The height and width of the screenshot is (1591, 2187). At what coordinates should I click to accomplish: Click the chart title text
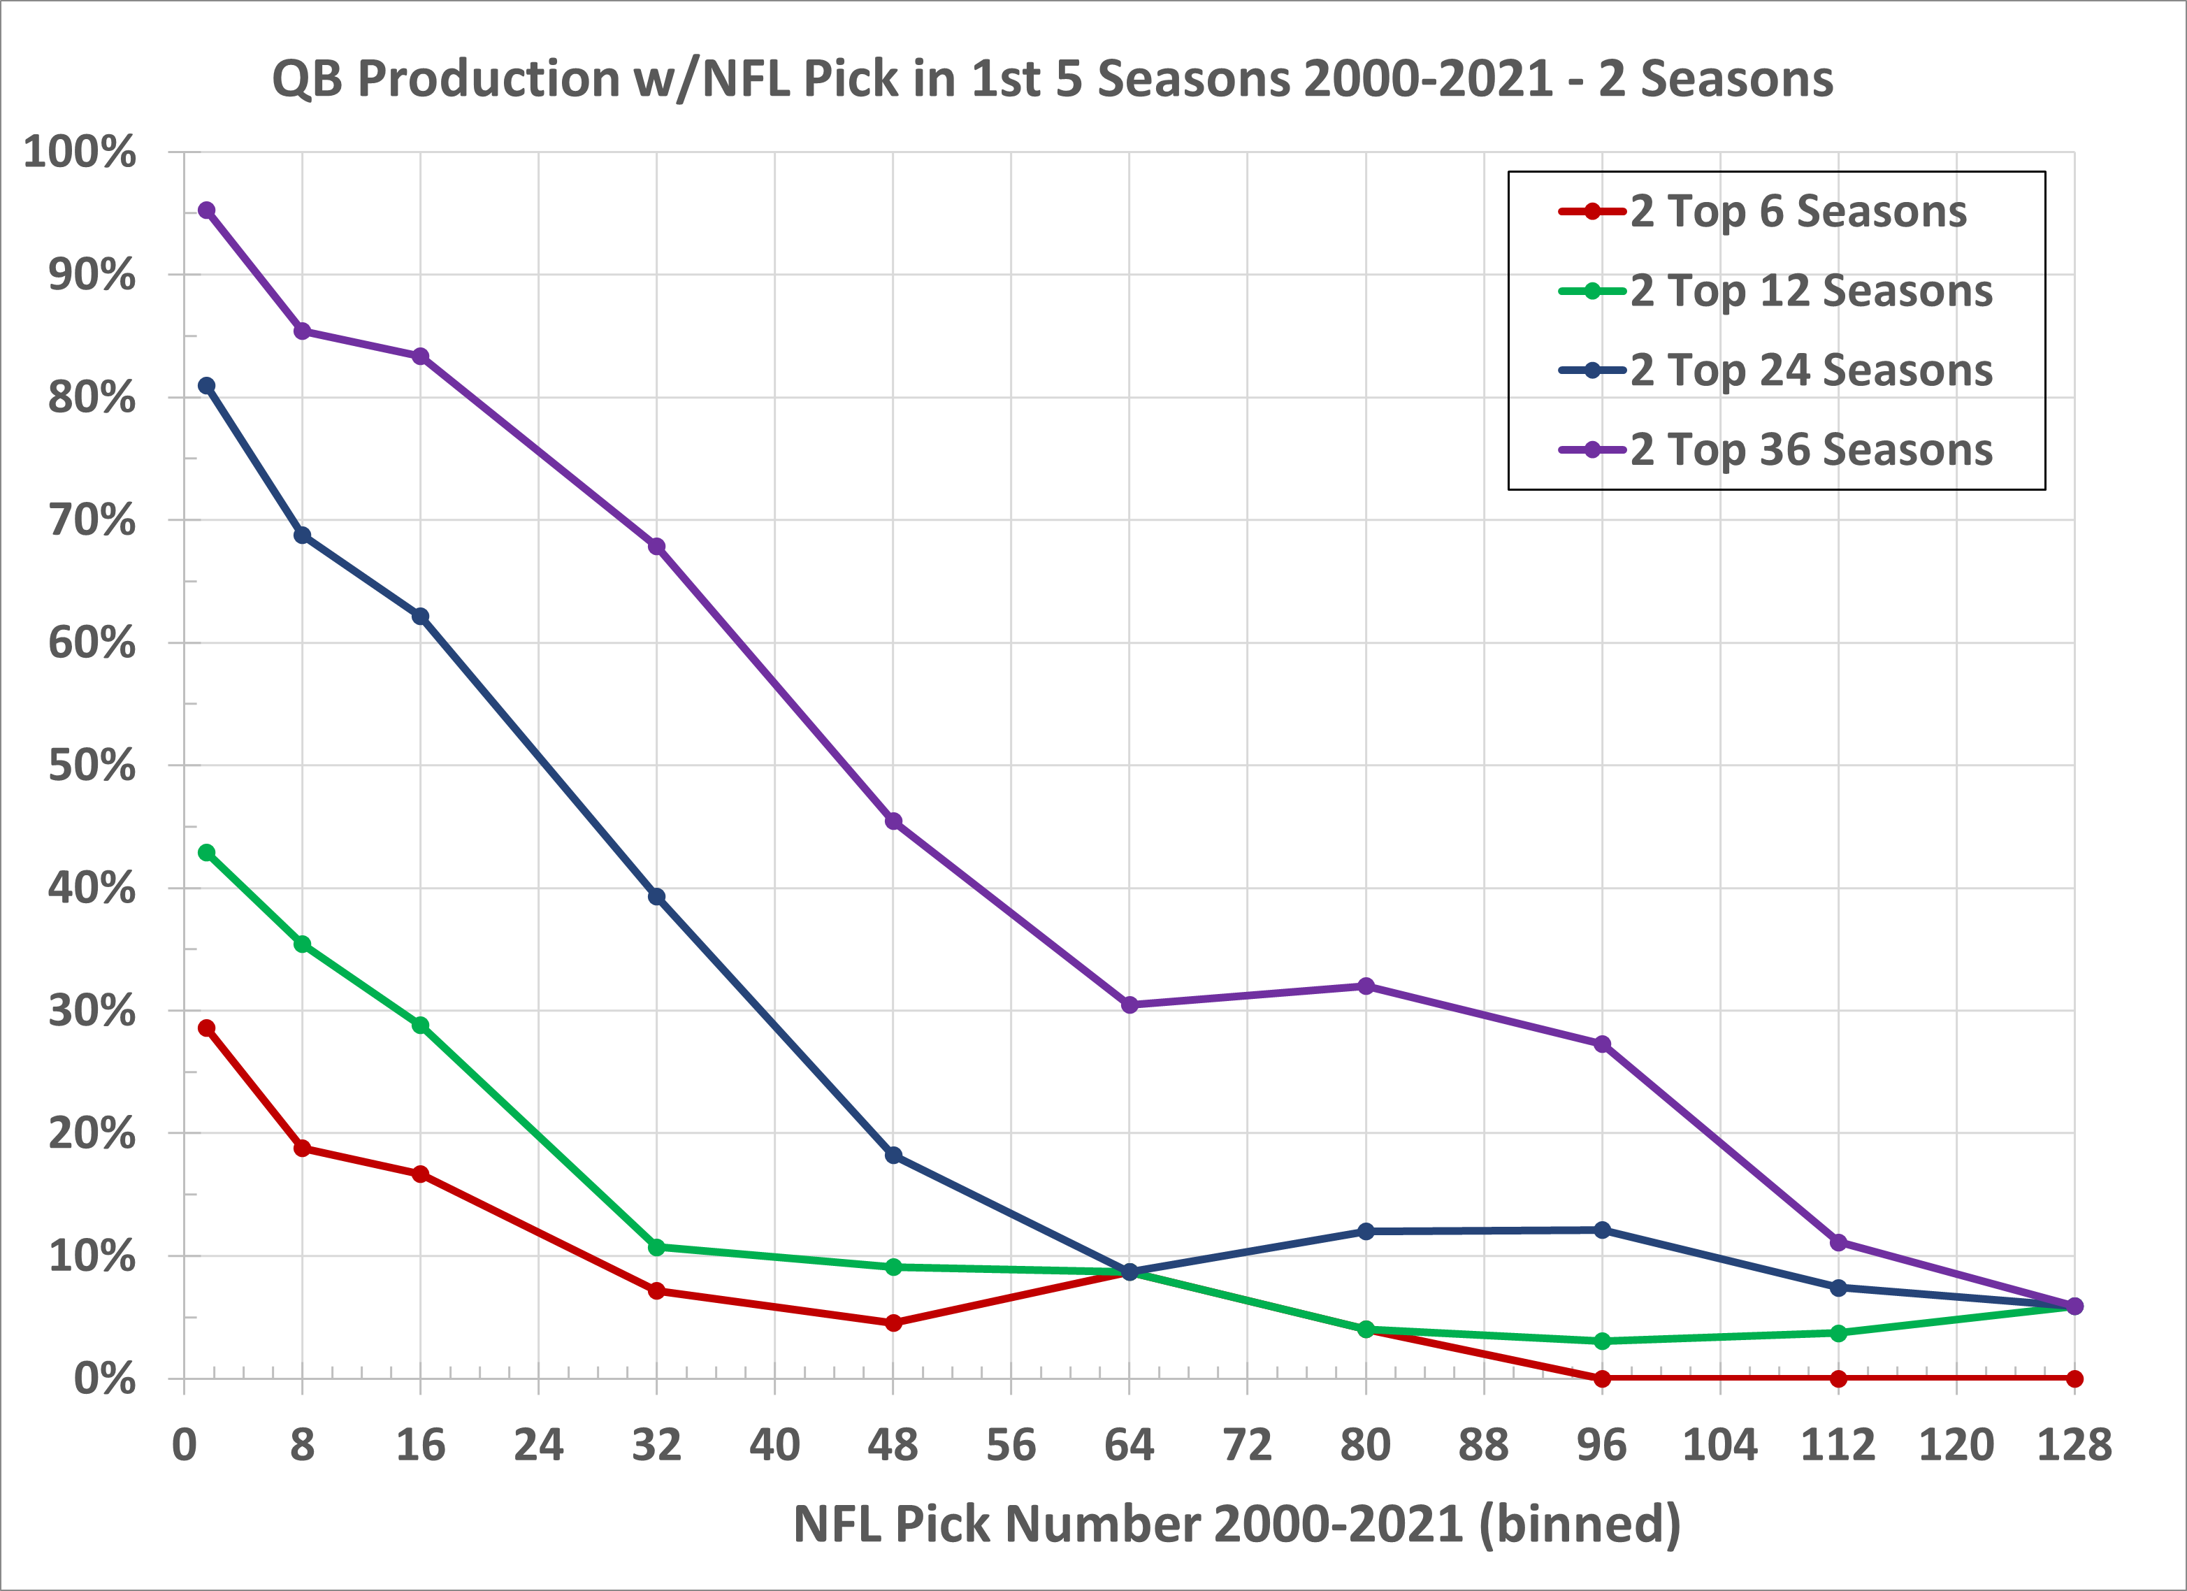(1052, 79)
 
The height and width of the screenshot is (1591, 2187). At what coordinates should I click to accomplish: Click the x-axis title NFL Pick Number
(1237, 1523)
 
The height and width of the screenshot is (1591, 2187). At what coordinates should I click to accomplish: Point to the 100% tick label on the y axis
(79, 152)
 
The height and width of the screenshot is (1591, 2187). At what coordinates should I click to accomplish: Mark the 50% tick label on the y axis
(92, 765)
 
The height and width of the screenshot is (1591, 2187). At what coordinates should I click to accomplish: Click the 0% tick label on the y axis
(104, 1380)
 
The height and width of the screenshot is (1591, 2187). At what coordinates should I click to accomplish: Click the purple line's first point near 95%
(206, 210)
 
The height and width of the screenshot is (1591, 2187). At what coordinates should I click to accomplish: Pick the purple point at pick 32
(657, 547)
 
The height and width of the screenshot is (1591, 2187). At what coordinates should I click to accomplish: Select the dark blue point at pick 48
(893, 1156)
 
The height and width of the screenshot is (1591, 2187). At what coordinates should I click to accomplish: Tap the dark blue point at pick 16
(421, 616)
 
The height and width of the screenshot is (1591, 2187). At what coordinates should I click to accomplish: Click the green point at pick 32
(657, 1247)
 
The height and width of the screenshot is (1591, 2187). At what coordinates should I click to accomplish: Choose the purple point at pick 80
(1366, 986)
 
